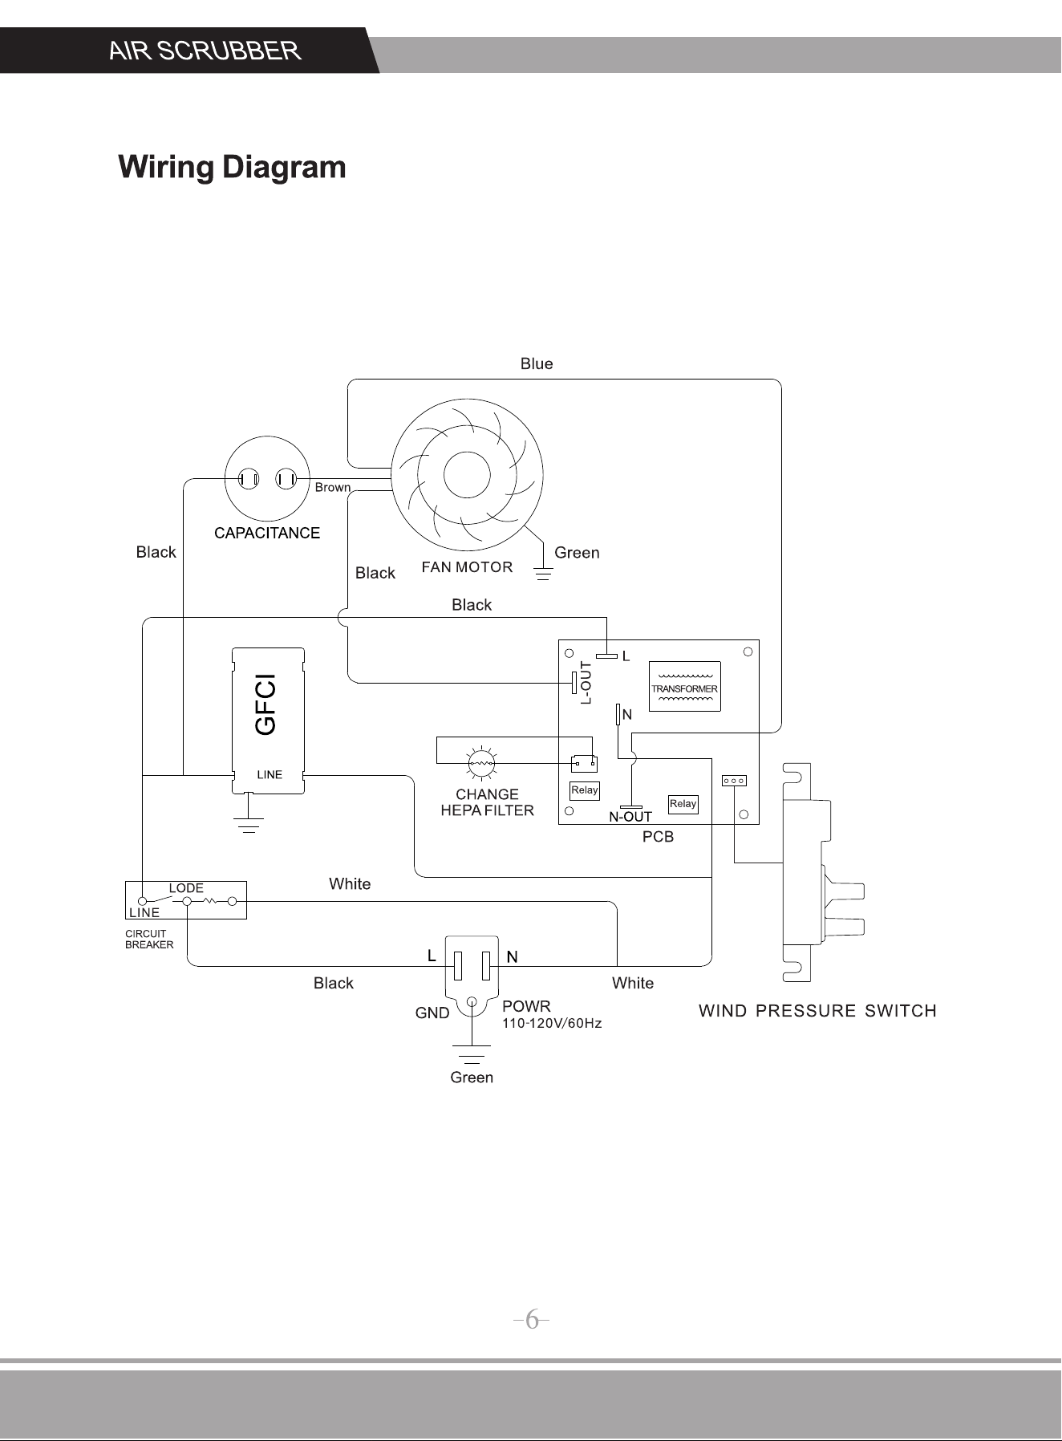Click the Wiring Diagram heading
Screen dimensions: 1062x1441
pos(232,168)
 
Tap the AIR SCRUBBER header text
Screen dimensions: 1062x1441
pos(205,51)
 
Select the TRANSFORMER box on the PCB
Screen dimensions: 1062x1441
pos(684,687)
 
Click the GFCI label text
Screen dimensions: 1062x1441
pos(265,704)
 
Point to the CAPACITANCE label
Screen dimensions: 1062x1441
pos(267,533)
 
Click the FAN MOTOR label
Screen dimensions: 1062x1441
pos(467,567)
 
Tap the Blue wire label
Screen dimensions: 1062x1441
pos(537,363)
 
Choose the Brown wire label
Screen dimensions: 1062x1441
pos(333,487)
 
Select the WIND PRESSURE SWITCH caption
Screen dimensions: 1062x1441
pos(817,1011)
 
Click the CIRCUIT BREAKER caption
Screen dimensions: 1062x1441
pos(149,939)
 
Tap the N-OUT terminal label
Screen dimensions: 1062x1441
pos(630,817)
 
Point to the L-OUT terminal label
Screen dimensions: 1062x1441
pos(586,683)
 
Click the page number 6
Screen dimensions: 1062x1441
pos(532,1320)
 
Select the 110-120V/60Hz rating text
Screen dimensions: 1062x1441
pos(552,1024)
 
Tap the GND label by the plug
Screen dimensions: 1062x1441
pos(432,1013)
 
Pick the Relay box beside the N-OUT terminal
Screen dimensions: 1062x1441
pos(683,804)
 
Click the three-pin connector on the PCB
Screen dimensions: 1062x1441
pos(735,781)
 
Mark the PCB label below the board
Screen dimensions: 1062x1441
pos(658,837)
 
